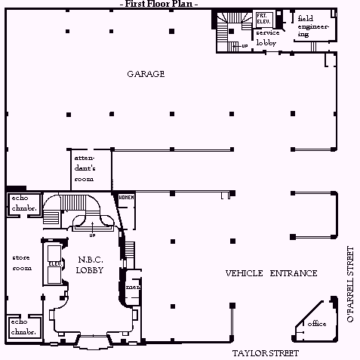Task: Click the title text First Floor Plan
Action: (158, 5)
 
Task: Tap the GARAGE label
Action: (146, 74)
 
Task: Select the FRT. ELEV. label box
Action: (263, 18)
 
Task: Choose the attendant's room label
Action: (85, 168)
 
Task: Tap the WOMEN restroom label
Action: (125, 198)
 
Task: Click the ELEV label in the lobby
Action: (54, 263)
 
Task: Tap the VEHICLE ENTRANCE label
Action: (271, 272)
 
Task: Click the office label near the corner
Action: (317, 324)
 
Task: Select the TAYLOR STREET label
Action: (265, 352)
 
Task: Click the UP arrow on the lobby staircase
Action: (91, 226)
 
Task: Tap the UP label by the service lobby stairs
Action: (244, 46)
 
